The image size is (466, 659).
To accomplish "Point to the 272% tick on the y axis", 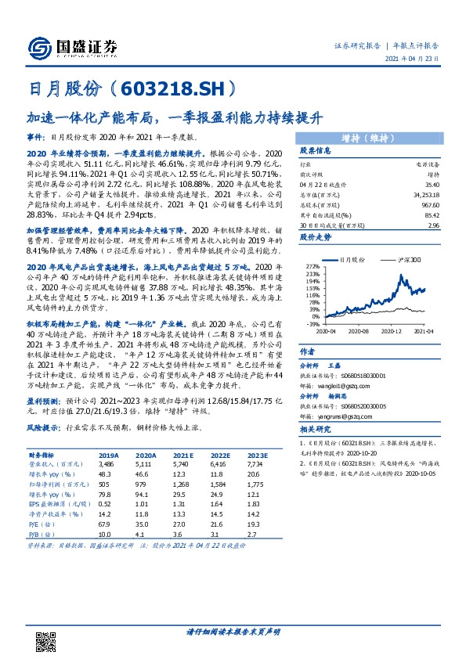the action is (312, 267).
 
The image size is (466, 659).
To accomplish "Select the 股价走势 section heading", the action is (316, 236).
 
